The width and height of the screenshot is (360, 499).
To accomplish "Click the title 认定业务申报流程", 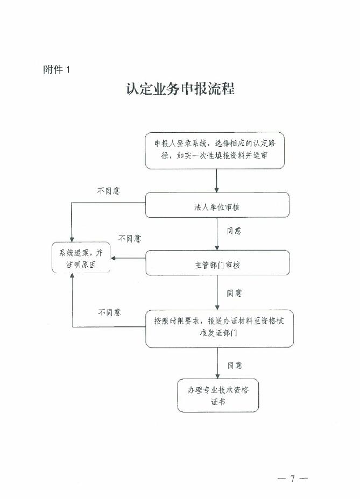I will coord(180,89).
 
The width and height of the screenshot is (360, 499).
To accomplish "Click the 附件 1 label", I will coord(57,69).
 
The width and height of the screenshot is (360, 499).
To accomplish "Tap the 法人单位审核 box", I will coord(217,205).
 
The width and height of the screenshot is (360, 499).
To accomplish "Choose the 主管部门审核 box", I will coord(217,263).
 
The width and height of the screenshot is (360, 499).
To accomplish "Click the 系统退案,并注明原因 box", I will coord(81,258).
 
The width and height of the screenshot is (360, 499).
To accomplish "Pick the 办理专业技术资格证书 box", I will coord(218,396).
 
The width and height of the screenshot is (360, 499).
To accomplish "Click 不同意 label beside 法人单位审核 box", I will coord(108,191).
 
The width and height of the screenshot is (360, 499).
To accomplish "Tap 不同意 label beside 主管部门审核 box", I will coord(130,238).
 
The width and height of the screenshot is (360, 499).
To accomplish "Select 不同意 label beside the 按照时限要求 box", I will coord(109,312).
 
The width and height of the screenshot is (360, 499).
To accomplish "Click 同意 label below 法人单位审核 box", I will coord(234,231).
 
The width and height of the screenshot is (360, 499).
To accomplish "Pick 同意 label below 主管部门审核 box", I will coord(234,293).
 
